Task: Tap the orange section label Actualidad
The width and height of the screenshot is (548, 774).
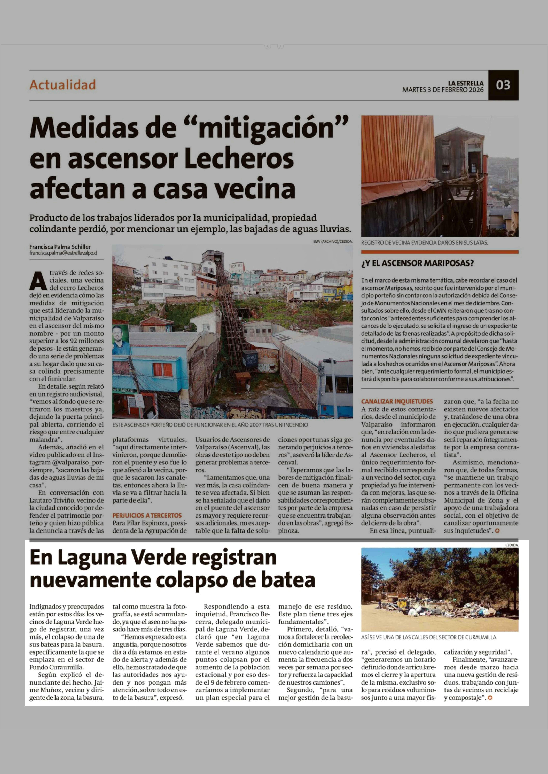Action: point(63,85)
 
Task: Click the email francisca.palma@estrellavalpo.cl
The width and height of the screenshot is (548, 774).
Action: point(63,253)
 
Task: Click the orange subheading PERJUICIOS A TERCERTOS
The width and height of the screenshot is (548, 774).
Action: point(147,515)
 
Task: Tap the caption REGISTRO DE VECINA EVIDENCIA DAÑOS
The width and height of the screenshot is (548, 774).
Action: point(424,242)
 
